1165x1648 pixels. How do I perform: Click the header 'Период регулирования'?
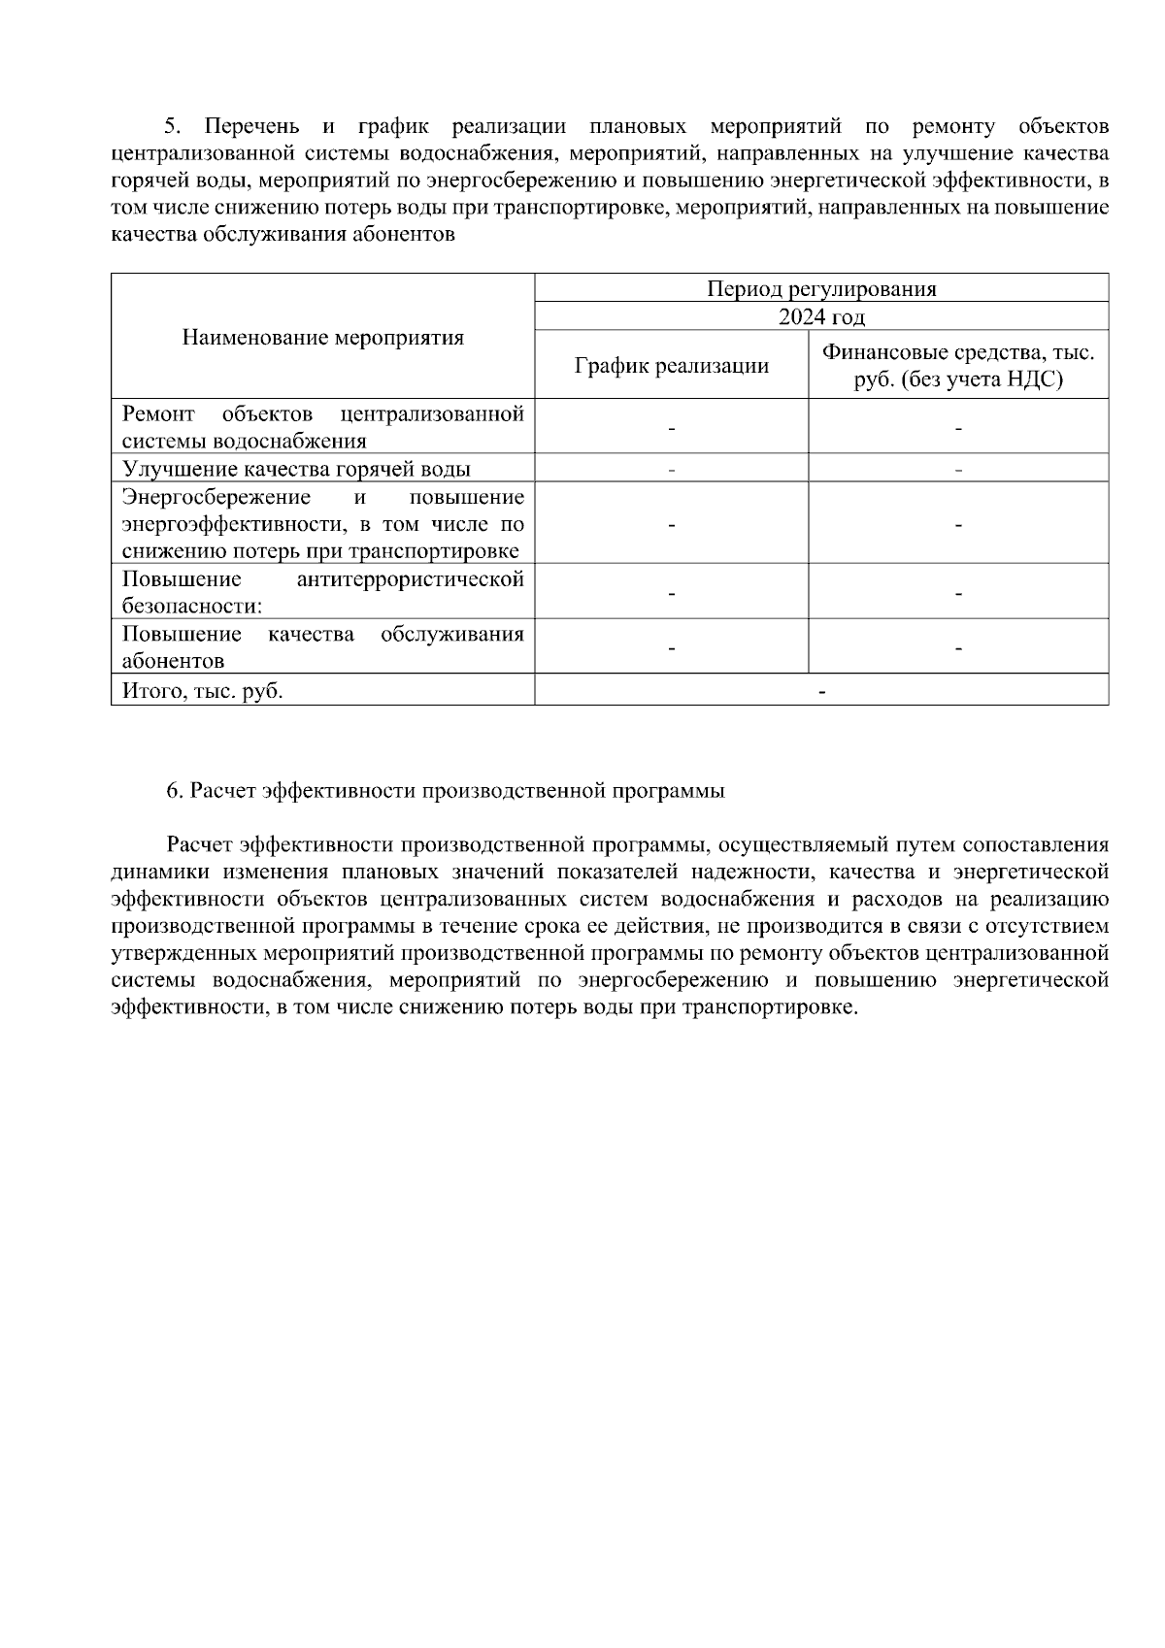(821, 288)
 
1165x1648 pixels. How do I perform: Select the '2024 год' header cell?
(821, 317)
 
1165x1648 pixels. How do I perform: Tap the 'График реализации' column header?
(671, 366)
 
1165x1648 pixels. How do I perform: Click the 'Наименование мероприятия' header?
(323, 338)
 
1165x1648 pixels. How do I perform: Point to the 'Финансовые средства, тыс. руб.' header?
(958, 366)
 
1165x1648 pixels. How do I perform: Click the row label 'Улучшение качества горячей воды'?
(296, 469)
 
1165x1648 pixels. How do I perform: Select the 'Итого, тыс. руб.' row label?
(203, 691)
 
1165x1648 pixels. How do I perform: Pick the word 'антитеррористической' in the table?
(411, 579)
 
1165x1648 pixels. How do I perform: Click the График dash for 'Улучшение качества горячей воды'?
(671, 470)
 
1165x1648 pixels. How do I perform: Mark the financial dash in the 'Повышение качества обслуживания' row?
(958, 648)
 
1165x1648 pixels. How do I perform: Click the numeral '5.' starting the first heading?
(173, 127)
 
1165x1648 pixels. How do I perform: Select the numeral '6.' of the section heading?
(175, 791)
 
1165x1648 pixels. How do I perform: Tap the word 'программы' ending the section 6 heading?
(677, 791)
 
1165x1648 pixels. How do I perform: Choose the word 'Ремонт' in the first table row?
(158, 414)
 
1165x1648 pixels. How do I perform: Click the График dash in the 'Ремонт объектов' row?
(671, 428)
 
